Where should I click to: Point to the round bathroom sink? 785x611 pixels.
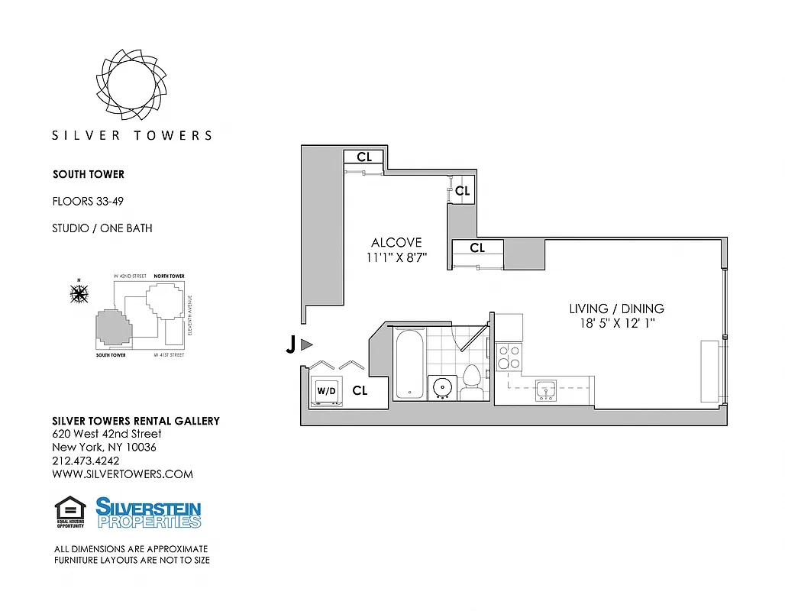click(x=441, y=387)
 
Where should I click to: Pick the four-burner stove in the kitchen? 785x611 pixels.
click(x=509, y=357)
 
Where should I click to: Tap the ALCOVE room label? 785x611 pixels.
click(x=396, y=243)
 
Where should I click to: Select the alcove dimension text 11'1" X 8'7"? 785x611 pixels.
click(x=396, y=258)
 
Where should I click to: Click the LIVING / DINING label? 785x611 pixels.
click(x=616, y=309)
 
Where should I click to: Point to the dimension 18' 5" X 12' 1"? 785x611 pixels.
click(x=616, y=324)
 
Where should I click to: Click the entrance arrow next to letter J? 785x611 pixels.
click(x=307, y=345)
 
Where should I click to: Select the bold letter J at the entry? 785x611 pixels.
click(x=290, y=346)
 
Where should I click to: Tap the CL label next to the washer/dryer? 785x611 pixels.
click(x=360, y=390)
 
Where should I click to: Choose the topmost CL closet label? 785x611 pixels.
click(x=364, y=157)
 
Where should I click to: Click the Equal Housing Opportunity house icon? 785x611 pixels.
click(x=69, y=509)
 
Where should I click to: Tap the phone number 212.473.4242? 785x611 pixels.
click(x=86, y=461)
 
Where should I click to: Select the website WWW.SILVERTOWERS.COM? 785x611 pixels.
click(x=122, y=474)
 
